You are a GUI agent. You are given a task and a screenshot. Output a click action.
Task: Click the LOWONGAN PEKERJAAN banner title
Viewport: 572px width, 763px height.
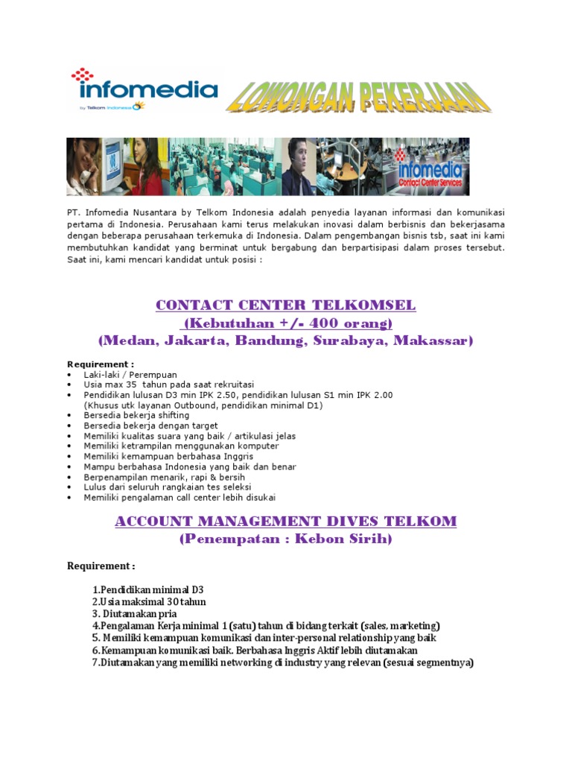[358, 97]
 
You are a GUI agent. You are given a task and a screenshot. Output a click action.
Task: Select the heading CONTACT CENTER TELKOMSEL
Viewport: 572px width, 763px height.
[285, 305]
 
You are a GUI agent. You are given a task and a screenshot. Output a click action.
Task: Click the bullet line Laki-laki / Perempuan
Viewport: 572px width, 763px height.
[130, 374]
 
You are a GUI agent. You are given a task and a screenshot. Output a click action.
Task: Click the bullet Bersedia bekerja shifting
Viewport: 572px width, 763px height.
[136, 415]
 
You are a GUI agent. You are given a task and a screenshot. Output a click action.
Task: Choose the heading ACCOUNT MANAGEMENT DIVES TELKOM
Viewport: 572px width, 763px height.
[285, 522]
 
